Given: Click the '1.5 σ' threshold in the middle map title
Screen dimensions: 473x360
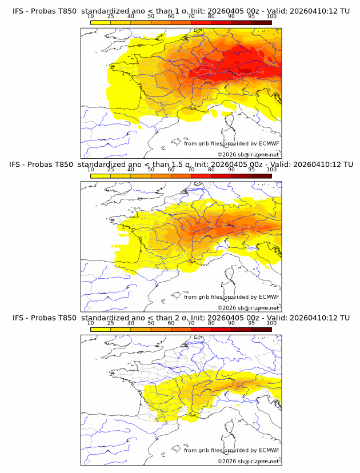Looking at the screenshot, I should click(x=177, y=165).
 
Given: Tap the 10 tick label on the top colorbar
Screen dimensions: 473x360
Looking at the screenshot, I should click(x=91, y=17).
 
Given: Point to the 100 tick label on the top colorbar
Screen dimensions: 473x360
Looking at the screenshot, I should click(x=271, y=17).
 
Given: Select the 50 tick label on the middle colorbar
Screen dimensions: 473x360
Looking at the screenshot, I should click(x=151, y=170).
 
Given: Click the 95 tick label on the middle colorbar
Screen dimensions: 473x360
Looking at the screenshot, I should click(x=251, y=170).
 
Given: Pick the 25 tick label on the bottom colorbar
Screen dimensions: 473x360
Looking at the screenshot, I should click(x=111, y=323).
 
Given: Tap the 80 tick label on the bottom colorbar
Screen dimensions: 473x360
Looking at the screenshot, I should click(x=211, y=323).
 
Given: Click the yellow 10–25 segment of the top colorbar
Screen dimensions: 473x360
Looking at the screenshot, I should click(x=101, y=22).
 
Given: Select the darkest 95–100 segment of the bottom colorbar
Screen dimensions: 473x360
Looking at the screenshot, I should click(x=261, y=330).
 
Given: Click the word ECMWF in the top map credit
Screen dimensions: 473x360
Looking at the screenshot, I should click(x=269, y=143).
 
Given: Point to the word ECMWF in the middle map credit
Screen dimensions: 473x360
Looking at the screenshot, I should click(x=269, y=297).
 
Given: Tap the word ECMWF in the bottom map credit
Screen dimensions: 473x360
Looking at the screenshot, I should click(x=269, y=450).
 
